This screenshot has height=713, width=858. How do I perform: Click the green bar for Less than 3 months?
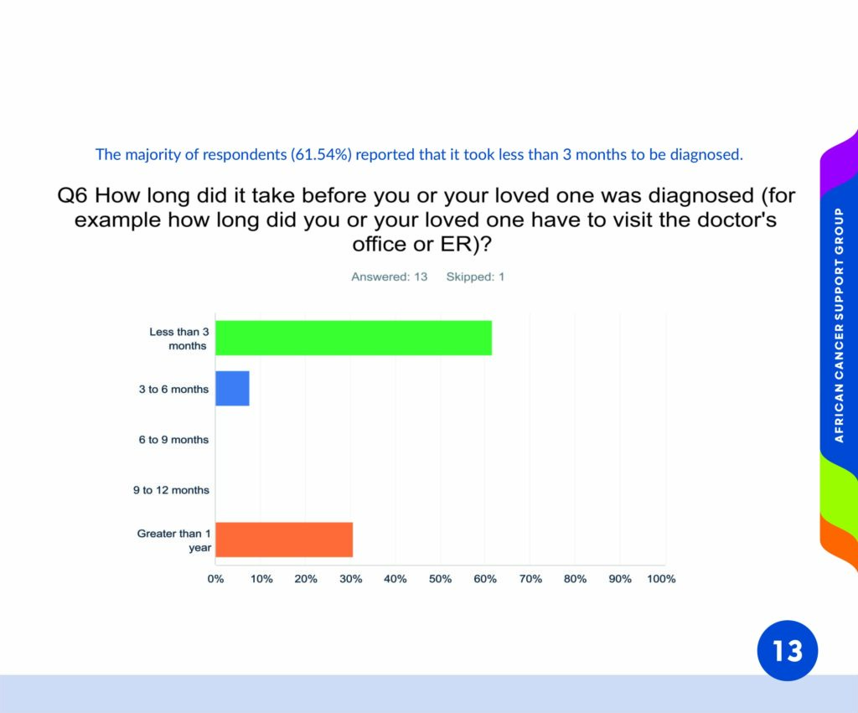354,338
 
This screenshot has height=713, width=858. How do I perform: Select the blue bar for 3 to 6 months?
233,389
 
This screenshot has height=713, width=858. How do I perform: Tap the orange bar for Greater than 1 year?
284,540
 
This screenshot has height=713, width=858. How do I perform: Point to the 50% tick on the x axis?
440,579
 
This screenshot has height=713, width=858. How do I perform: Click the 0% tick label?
215,579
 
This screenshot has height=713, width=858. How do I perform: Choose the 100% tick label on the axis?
661,579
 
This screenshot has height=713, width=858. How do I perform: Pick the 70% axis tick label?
530,579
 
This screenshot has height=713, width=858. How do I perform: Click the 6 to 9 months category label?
173,440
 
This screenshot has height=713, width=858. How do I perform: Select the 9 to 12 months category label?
171,490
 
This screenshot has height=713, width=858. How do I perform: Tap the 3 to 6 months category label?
173,389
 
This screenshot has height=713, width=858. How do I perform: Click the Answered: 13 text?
389,276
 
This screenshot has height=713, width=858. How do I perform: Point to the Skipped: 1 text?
475,276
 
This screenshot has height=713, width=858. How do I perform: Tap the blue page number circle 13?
788,651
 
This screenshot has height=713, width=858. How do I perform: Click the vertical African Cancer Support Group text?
839,325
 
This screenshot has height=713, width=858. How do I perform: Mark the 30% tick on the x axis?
350,579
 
